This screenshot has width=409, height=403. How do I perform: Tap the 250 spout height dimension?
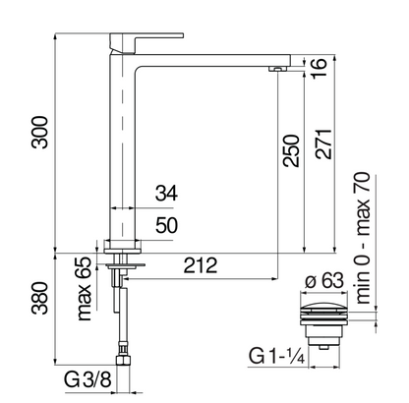coord(291,150)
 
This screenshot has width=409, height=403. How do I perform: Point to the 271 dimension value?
coord(323,144)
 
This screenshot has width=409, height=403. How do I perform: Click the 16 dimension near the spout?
coord(319,68)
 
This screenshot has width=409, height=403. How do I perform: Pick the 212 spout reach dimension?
coord(201,265)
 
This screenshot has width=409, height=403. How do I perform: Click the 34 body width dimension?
coord(166,193)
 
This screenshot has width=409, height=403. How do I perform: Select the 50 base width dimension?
coord(167,225)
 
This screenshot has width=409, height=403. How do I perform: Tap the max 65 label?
coord(84,289)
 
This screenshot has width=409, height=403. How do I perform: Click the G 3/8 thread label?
coord(88,379)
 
